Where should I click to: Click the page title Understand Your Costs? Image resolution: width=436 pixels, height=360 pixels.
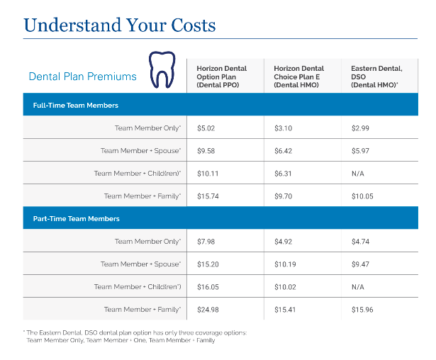point(119,25)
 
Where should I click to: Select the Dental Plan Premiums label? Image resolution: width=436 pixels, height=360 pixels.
point(82,77)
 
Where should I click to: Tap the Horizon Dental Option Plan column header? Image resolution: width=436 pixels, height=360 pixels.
point(221,77)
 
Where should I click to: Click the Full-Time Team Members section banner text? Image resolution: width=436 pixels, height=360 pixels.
point(75,105)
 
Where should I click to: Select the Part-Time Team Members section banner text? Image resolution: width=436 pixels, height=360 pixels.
point(76,219)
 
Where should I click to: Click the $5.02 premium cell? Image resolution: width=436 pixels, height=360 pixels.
point(206,128)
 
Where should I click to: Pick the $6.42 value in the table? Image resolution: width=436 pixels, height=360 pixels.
point(284,151)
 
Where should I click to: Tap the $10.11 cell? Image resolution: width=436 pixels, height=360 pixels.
point(208,174)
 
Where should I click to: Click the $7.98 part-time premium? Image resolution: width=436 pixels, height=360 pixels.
point(206,242)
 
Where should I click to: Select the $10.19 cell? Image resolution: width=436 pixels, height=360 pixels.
point(285,264)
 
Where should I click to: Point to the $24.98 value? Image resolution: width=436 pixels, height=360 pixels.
point(208,310)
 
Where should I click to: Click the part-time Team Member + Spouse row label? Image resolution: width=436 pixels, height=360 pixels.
point(140,264)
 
